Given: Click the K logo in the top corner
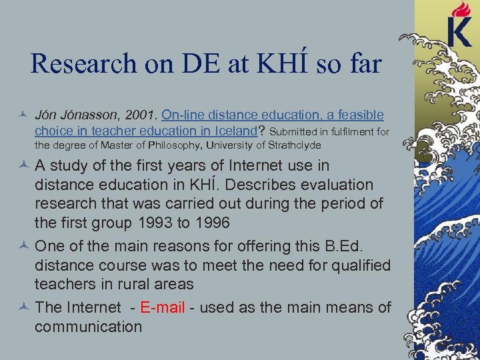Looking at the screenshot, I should click(460, 31).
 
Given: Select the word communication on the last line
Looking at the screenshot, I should click(88, 327).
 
